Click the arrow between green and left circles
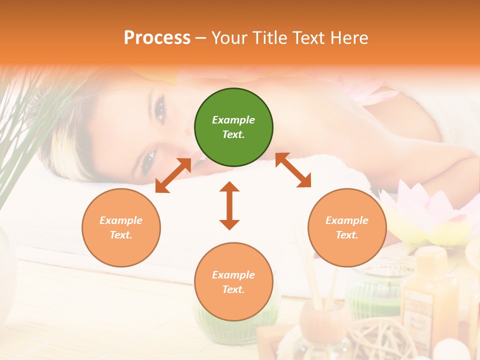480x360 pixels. [173, 175]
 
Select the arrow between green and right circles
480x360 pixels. [293, 170]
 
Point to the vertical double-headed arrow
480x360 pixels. [229, 205]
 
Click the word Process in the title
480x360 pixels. [157, 37]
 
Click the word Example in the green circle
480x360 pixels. [233, 120]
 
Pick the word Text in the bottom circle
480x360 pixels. [232, 289]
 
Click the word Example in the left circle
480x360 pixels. [121, 220]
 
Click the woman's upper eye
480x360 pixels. [160, 109]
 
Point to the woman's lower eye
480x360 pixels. [148, 159]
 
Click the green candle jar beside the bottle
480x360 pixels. [375, 290]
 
